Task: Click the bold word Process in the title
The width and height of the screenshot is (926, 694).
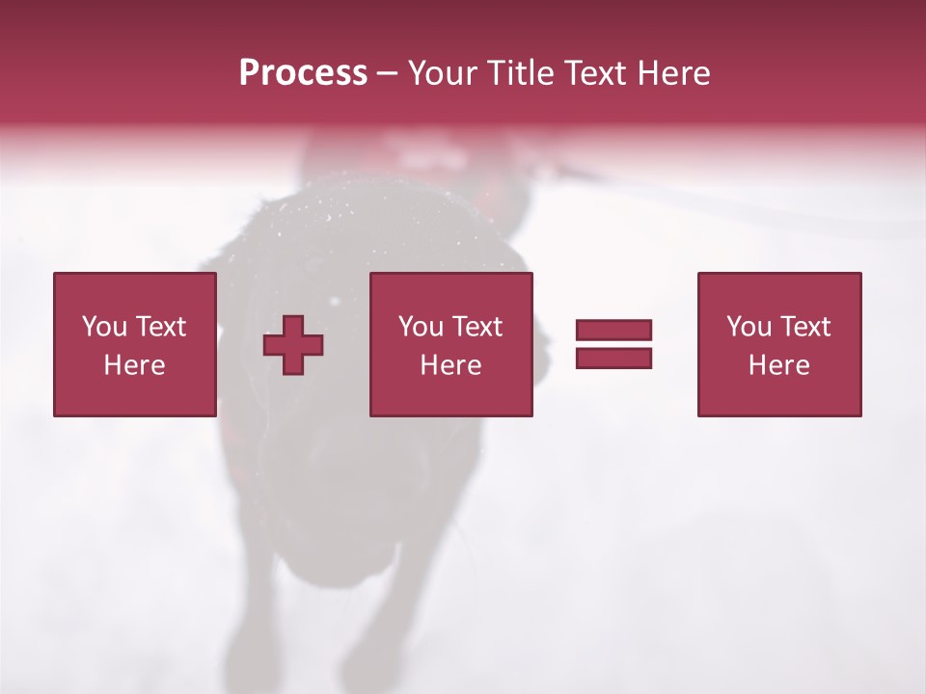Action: [x=303, y=73]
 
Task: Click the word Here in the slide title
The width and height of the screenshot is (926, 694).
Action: [x=676, y=73]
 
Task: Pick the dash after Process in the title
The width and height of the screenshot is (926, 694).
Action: [x=387, y=74]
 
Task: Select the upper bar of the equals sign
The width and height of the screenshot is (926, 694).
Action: [x=613, y=331]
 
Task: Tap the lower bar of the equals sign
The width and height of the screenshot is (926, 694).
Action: [x=613, y=359]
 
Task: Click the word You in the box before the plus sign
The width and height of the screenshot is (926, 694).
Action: [x=102, y=327]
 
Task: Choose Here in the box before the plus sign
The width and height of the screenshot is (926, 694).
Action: [x=134, y=365]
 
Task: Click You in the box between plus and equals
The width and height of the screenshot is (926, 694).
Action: [x=420, y=327]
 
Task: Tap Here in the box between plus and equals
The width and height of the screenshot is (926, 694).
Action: [x=450, y=365]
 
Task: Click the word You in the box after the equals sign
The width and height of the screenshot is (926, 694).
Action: [x=748, y=327]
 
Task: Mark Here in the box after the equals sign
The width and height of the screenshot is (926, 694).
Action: [x=778, y=365]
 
